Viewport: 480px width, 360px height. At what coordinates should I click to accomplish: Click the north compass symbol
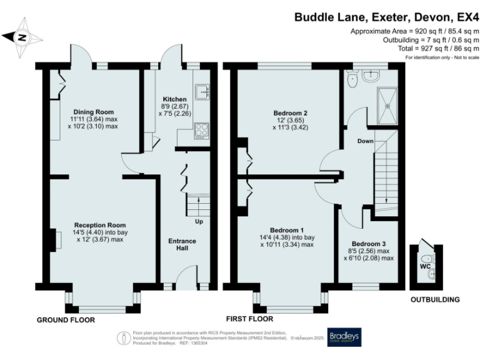22,37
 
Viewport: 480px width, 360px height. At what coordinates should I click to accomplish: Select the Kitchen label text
174,99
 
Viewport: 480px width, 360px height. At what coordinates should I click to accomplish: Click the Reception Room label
100,225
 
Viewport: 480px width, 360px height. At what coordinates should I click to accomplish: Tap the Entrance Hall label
182,245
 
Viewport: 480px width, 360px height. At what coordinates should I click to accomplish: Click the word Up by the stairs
199,221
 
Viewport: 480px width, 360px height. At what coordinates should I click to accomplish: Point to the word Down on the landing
365,141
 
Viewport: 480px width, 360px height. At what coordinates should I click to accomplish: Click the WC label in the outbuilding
426,267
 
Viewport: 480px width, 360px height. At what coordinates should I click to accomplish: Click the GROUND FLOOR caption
66,320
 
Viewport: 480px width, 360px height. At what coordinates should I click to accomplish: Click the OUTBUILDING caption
435,300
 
